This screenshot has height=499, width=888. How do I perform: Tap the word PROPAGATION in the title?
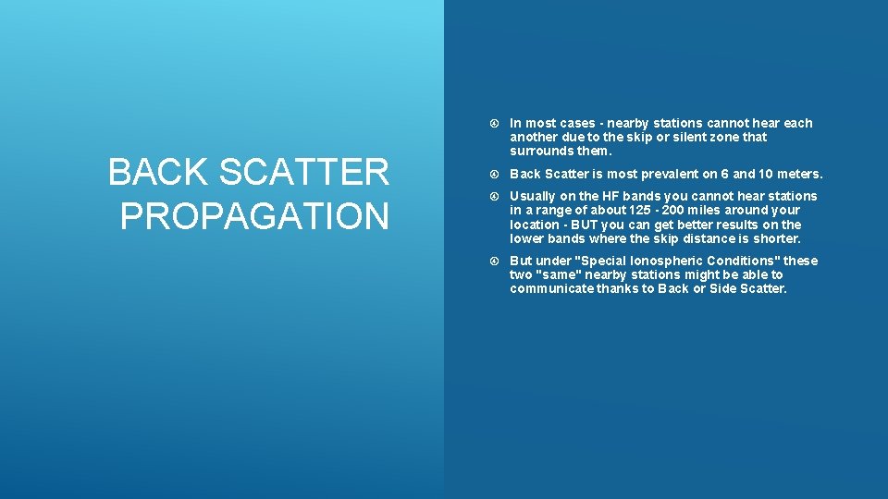click(254, 216)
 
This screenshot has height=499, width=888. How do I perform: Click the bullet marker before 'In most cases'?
click(496, 123)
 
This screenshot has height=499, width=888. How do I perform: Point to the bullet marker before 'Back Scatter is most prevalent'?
click(496, 174)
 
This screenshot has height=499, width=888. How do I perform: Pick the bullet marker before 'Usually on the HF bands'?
click(496, 196)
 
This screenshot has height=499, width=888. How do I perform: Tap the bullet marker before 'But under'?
click(496, 261)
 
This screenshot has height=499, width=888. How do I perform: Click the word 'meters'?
click(798, 174)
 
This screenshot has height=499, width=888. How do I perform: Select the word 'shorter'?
click(777, 238)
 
